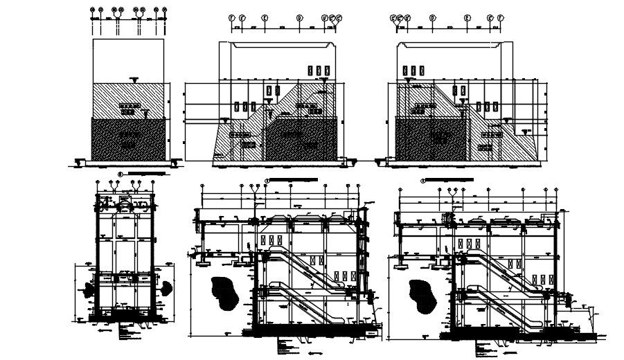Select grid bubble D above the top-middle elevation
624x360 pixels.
(299, 17)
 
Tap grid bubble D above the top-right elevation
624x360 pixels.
(432, 17)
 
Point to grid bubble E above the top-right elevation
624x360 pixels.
(467, 17)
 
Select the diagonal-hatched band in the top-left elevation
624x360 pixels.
(128, 100)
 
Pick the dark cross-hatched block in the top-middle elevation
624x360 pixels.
(301, 142)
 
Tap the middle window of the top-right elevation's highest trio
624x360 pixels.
(413, 71)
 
